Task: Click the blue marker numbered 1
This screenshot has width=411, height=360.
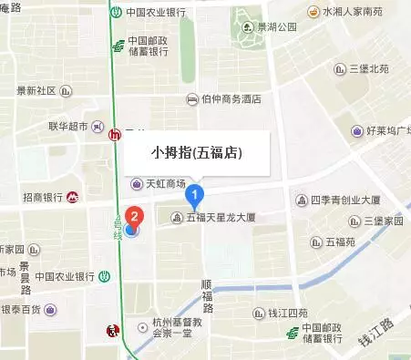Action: coord(194,194)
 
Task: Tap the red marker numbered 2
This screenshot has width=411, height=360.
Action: coord(135,218)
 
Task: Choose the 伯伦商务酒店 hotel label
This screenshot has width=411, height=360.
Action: coord(231,98)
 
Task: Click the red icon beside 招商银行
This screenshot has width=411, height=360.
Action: coord(72,197)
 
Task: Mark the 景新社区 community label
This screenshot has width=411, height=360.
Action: coord(36,91)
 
